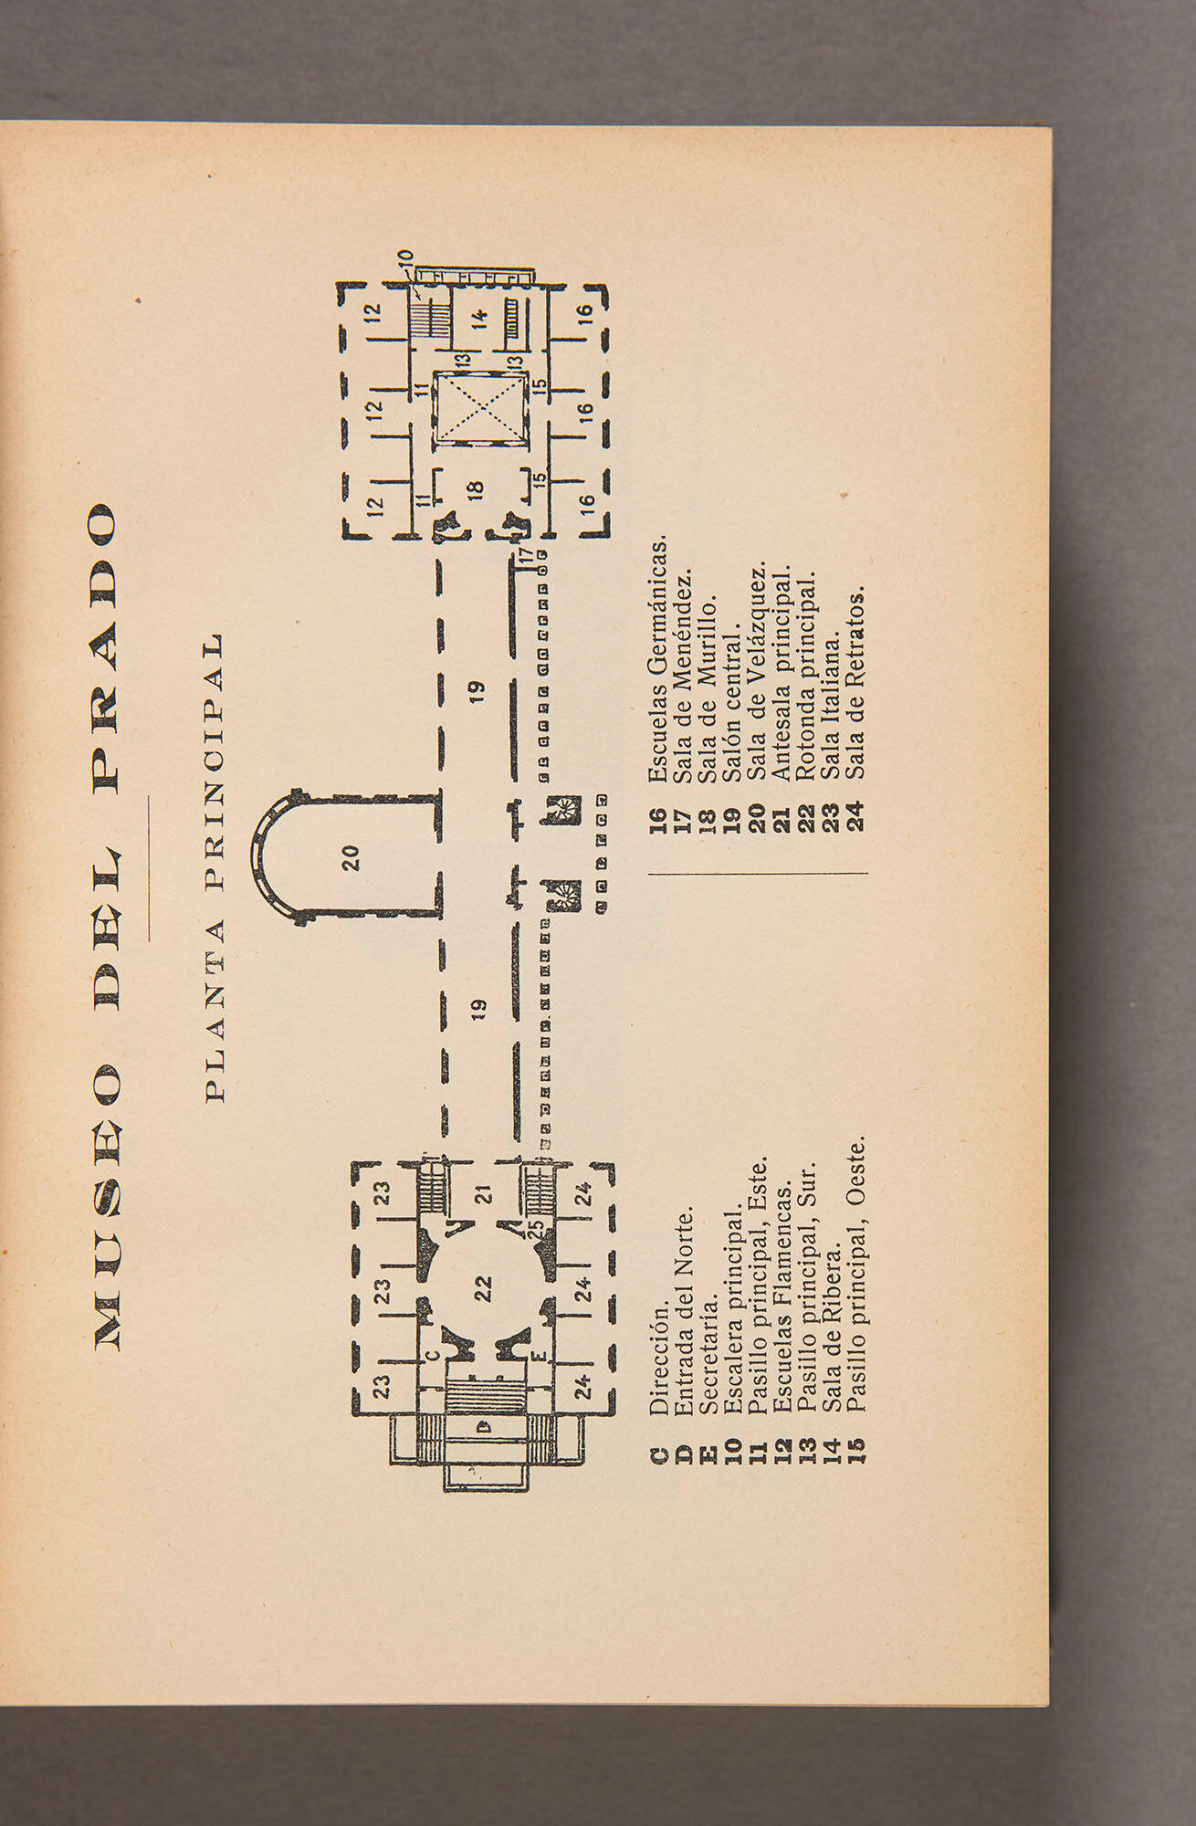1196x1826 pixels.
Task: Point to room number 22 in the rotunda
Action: [x=483, y=1288]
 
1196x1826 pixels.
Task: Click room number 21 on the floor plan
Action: [x=484, y=1194]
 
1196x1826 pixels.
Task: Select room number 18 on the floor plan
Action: [x=475, y=490]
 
